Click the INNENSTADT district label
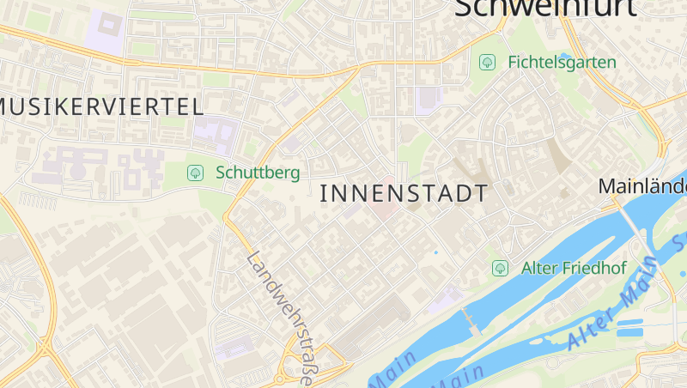click(404, 193)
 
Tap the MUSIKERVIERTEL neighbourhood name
click(101, 106)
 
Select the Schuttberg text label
click(258, 173)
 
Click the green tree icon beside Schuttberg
click(196, 173)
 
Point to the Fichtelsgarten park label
click(562, 62)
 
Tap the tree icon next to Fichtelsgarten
click(488, 62)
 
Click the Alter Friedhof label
click(574, 268)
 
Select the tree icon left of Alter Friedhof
click(500, 268)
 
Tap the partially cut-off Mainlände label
click(642, 185)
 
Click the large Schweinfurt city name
click(546, 9)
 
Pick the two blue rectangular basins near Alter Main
click(630, 325)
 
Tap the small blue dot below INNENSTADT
click(435, 252)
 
